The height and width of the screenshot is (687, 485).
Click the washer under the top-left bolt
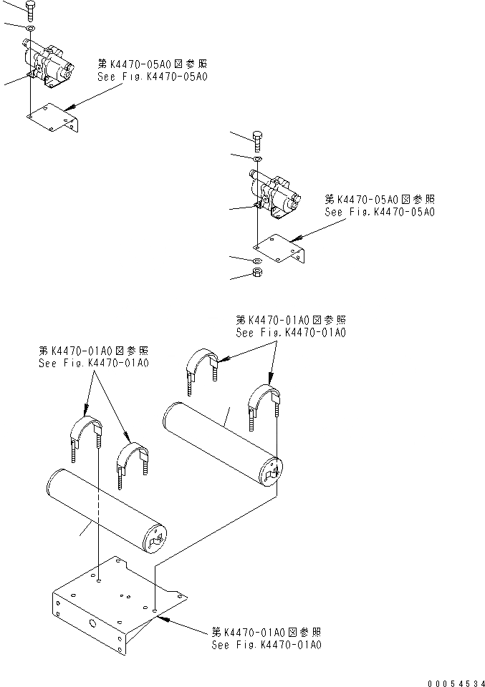click(29, 29)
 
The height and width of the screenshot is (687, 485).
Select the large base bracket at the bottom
click(115, 601)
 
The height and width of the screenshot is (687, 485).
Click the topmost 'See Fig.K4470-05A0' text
click(152, 76)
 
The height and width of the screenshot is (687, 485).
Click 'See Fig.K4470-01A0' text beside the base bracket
click(266, 645)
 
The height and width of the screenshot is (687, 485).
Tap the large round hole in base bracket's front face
click(93, 623)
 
